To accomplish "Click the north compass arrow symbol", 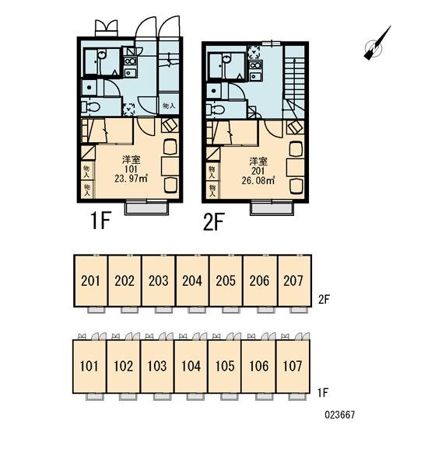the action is (376, 45).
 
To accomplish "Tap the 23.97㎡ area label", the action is (131, 179).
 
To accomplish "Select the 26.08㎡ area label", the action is (258, 180).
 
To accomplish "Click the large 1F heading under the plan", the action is (101, 221).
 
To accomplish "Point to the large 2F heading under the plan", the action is (213, 221).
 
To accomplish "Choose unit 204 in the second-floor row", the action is (192, 281).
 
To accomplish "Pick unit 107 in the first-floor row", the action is (293, 366).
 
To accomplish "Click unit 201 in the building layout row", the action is (90, 281).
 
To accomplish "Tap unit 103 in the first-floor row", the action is (157, 366).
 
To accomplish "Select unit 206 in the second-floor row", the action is (260, 281).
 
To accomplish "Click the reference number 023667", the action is (339, 415).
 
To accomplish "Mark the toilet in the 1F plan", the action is (90, 107).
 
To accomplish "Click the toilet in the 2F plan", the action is (216, 109).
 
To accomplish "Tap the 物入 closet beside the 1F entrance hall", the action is (169, 105).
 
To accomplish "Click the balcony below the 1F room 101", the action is (146, 207).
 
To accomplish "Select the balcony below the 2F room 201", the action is (272, 207).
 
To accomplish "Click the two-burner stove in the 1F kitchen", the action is (130, 61).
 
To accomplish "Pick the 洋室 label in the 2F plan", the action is (258, 162).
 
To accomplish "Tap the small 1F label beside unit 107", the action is (323, 393).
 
